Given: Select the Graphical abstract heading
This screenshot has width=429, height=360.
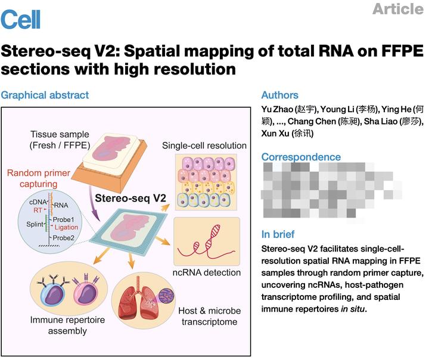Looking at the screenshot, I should click(x=45, y=95).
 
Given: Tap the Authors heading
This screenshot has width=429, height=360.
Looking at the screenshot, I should click(x=280, y=95).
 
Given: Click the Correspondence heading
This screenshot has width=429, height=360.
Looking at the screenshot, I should click(x=301, y=157).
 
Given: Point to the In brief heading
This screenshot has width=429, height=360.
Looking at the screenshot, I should click(x=278, y=234).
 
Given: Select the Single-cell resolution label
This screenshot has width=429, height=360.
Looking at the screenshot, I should click(x=204, y=145).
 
